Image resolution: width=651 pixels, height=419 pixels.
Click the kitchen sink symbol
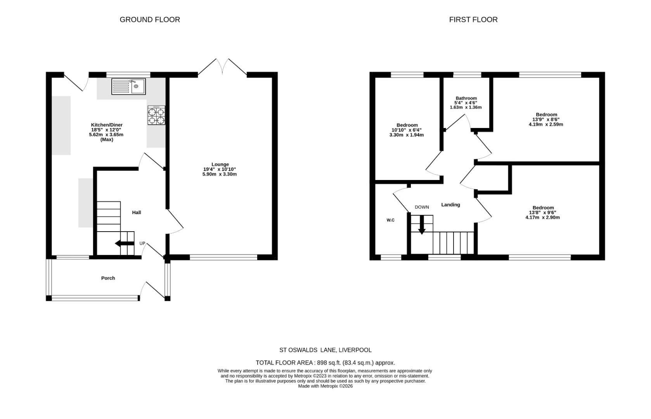pyautogui.click(x=128, y=87)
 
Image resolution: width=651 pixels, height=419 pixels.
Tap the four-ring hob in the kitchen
pyautogui.click(x=156, y=115)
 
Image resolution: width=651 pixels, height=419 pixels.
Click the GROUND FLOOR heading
pyautogui.click(x=150, y=19)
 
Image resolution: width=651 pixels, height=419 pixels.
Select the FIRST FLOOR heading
pyautogui.click(x=473, y=19)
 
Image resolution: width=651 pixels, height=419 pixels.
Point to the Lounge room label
pyautogui.click(x=220, y=164)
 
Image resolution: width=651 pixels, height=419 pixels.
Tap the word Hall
pyautogui.click(x=137, y=213)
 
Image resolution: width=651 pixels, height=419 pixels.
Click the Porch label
pyautogui.click(x=108, y=278)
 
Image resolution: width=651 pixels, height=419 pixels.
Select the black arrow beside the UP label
pyautogui.click(x=124, y=244)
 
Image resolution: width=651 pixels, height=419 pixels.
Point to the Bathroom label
pyautogui.click(x=466, y=99)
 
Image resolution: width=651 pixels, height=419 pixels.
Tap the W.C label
pyautogui.click(x=391, y=220)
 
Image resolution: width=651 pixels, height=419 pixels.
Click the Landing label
pyautogui.click(x=450, y=204)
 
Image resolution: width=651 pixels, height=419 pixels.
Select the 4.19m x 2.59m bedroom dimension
pyautogui.click(x=546, y=125)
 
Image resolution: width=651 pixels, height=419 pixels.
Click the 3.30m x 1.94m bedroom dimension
pyautogui.click(x=406, y=135)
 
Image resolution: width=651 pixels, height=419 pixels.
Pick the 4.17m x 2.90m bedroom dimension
pyautogui.click(x=543, y=218)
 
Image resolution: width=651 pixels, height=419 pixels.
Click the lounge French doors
pyautogui.click(x=222, y=67)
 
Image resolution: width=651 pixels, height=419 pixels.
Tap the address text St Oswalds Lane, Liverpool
pyautogui.click(x=325, y=350)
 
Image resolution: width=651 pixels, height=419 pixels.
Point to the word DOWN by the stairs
pyautogui.click(x=422, y=207)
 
